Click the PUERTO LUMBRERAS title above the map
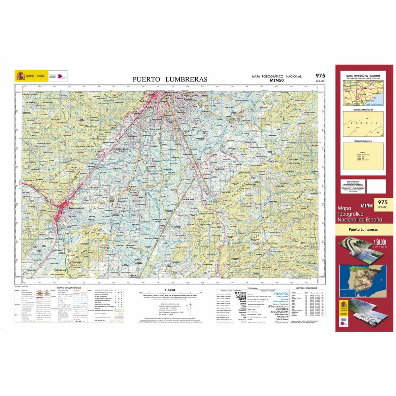click(170, 79)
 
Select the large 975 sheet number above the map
click(320, 76)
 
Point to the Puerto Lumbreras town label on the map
click(77, 208)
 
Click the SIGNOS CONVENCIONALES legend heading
click(69, 288)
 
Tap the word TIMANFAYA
click(280, 315)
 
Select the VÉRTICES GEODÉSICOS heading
click(306, 288)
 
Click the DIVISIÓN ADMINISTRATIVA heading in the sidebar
click(363, 109)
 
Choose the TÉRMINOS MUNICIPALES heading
click(363, 141)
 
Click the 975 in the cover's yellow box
click(383, 202)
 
